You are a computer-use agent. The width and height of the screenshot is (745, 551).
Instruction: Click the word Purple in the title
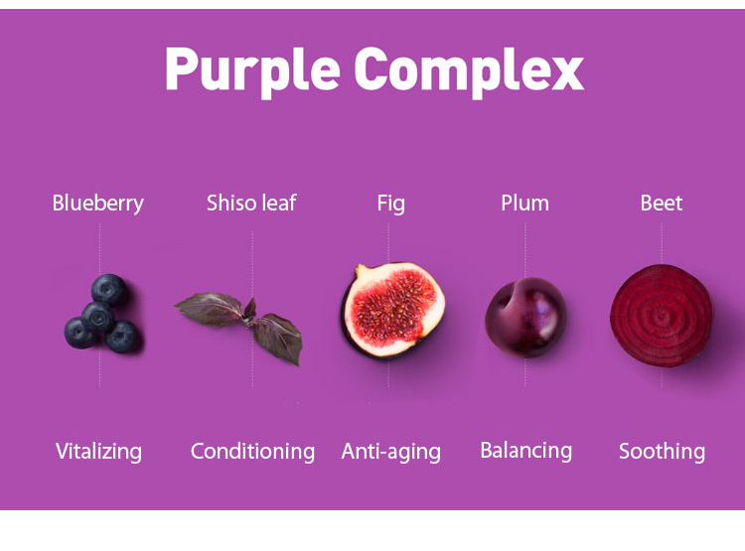coord(252,71)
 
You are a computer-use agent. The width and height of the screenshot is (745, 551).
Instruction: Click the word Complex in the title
coord(469,71)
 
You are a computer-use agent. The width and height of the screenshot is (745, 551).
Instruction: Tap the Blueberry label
coord(98,204)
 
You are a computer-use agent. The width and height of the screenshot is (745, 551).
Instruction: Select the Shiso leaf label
coord(251,203)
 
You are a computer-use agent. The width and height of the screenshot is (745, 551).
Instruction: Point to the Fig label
coord(391,205)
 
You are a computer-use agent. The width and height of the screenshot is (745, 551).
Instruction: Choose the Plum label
coord(525,204)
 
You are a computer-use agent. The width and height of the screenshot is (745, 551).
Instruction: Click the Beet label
coord(662,204)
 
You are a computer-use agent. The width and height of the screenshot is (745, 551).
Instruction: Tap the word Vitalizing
coord(98,452)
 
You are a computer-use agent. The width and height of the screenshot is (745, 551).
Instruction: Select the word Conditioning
coord(252,452)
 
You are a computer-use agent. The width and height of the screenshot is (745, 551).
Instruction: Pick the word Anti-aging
coord(391,452)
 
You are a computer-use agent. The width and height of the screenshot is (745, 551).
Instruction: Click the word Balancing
coord(525,451)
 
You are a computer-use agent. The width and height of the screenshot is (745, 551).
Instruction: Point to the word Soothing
coord(662,452)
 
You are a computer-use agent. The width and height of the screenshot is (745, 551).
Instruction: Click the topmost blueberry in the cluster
coord(109,290)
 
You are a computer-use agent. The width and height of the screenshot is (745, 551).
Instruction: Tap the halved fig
coord(393,310)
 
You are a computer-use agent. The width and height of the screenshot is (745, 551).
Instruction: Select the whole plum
coord(525,318)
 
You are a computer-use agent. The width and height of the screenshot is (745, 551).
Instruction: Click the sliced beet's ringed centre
coord(662,316)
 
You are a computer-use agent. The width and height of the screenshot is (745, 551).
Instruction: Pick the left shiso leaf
coord(209,309)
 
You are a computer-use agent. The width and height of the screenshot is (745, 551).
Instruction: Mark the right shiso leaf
coord(278,339)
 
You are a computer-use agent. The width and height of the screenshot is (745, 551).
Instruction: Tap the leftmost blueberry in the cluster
coord(79,333)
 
